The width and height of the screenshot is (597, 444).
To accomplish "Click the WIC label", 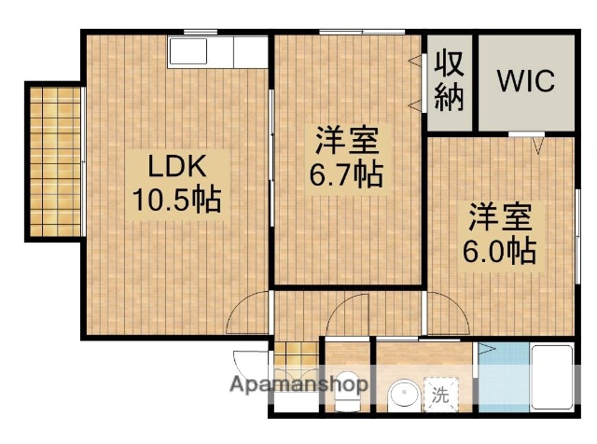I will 524,81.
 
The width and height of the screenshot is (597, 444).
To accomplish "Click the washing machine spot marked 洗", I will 439,395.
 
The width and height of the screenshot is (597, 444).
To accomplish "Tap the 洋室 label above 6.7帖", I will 346,143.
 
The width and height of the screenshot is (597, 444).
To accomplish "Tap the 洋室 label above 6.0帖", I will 501,218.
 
